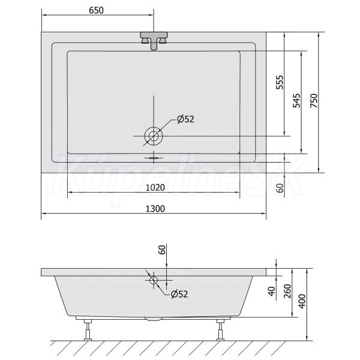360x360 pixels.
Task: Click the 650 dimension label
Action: point(96,10)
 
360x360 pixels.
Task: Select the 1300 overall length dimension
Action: point(155,209)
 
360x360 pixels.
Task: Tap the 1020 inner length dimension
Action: point(155,188)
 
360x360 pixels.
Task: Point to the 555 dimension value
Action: point(280,82)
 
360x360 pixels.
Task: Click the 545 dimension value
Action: point(296,100)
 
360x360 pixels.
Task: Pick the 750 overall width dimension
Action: point(314,100)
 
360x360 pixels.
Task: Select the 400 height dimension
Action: point(302,301)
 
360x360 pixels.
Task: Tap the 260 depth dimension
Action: point(287,291)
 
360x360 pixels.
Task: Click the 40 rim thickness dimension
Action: point(272,291)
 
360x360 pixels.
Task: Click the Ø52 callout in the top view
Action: point(185,119)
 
